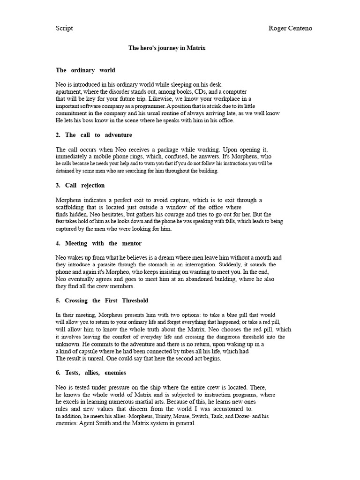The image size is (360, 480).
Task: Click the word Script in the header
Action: pyautogui.click(x=64, y=28)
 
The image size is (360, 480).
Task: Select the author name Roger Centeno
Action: pyautogui.click(x=290, y=28)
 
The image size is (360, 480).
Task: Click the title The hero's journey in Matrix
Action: pyautogui.click(x=167, y=48)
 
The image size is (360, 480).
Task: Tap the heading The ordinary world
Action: pyautogui.click(x=85, y=70)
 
